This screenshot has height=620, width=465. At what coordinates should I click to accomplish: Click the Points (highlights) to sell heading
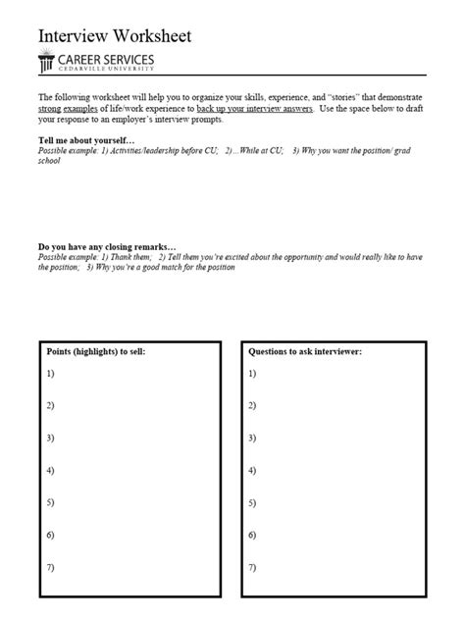tap(96, 350)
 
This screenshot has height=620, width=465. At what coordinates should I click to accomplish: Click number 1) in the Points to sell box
tap(50, 374)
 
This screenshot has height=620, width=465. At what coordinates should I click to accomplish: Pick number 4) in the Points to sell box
tap(50, 471)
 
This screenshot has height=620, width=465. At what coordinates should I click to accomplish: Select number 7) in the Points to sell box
tap(50, 567)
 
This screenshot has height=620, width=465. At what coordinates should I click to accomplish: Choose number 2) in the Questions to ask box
tap(252, 406)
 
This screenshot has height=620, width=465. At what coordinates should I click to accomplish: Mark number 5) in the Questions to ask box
tap(252, 503)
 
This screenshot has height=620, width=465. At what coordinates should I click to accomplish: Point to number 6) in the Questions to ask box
tap(252, 536)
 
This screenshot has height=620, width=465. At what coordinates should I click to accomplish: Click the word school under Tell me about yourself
tap(49, 161)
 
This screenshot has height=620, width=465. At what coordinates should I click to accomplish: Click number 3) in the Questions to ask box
tap(252, 439)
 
